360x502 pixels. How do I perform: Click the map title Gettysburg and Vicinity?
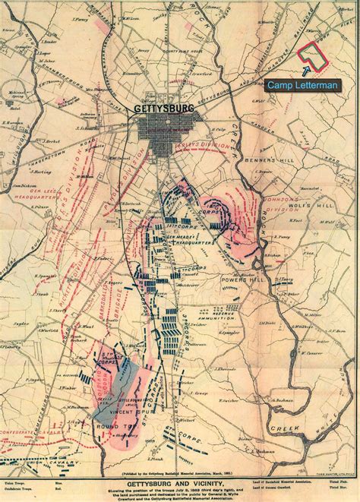tap(179, 469)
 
